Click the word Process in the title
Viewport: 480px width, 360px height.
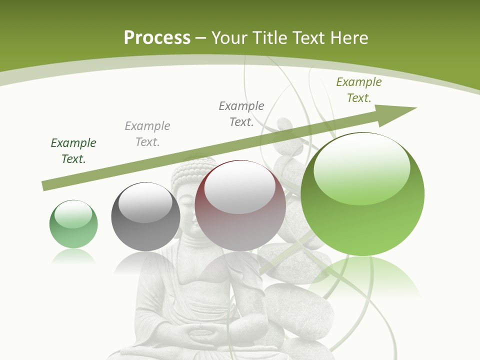(x=157, y=38)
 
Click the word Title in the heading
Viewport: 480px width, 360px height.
(x=269, y=38)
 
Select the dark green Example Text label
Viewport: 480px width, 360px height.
(x=73, y=151)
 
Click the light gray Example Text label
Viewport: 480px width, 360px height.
(x=147, y=134)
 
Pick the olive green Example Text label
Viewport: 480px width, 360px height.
(x=359, y=90)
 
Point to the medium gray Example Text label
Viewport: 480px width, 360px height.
(x=241, y=114)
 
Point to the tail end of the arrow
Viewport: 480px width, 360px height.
(x=46, y=185)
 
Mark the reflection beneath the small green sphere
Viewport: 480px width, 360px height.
(x=73, y=257)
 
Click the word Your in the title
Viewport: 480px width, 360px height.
(x=229, y=38)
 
